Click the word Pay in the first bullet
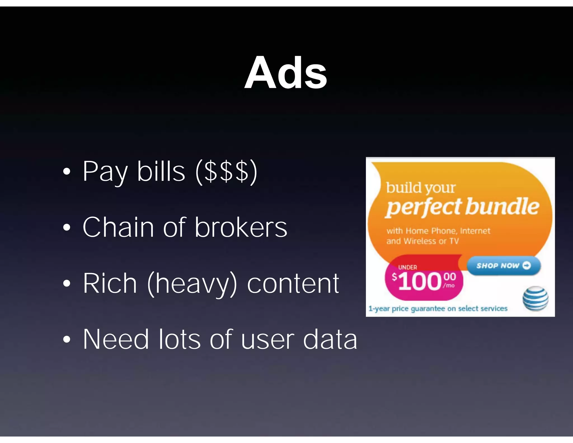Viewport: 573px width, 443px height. coord(105,171)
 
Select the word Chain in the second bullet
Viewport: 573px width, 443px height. coord(118,227)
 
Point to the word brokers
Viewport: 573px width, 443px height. coord(241,227)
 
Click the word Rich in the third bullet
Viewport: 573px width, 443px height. coord(110,283)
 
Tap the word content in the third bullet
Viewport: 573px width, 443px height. coord(293,283)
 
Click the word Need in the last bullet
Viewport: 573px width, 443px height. coord(116,339)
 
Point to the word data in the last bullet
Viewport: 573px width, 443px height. coord(330,339)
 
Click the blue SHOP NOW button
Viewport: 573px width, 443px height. coord(503,265)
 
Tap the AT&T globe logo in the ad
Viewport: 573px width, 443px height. coord(535,299)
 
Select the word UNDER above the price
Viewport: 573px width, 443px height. coord(407,267)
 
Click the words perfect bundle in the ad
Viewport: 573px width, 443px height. coord(462,207)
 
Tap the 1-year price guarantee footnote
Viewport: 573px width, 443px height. coord(438,309)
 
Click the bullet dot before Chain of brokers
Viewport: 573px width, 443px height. coord(67,227)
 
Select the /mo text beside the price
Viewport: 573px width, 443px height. coord(448,286)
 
